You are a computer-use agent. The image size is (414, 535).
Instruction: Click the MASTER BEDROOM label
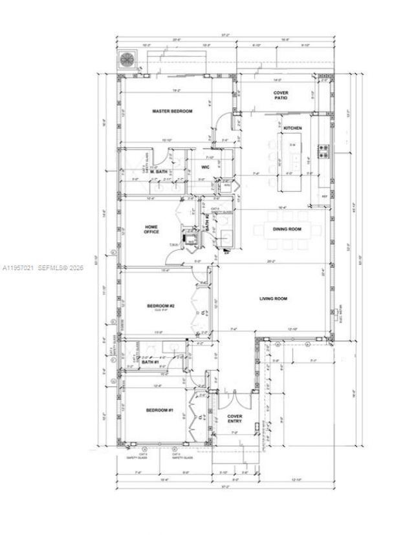tap(172, 111)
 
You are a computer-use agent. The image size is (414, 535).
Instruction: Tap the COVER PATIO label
tap(281, 96)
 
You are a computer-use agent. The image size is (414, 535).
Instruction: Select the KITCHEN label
tap(292, 128)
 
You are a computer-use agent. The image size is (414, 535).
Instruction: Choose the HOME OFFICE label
tap(151, 229)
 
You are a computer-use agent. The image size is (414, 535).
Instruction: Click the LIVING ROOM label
tap(273, 299)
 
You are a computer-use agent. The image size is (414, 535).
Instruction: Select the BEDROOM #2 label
tap(160, 306)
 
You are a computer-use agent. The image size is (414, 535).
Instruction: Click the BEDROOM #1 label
tap(159, 411)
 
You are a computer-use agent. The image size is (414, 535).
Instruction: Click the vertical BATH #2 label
tap(207, 223)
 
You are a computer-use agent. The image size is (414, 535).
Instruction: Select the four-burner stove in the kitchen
tap(323, 152)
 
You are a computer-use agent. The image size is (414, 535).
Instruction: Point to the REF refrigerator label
tap(324, 196)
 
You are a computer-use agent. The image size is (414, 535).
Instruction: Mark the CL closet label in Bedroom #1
tap(201, 417)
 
